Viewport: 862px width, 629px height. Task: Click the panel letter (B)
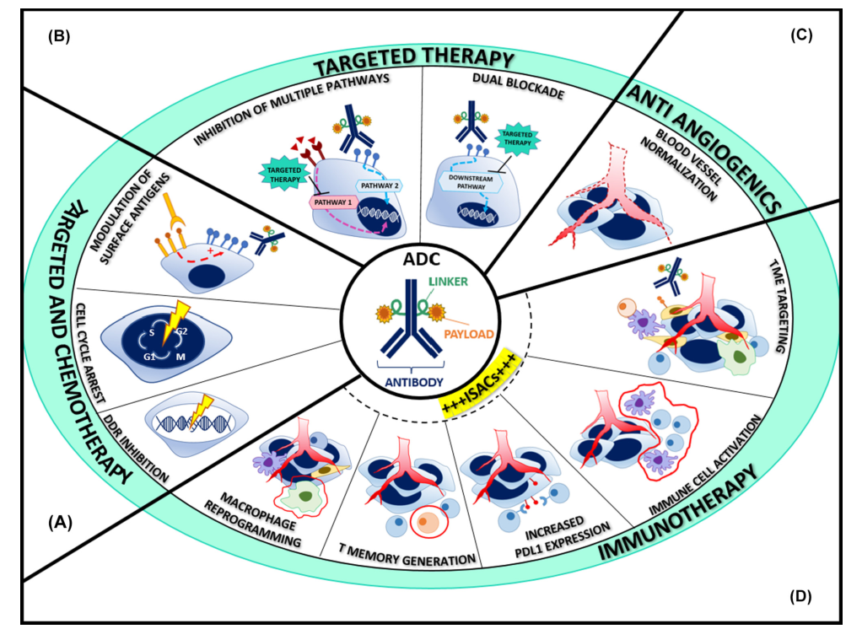(x=58, y=35)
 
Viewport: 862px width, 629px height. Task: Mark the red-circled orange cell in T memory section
(x=429, y=524)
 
